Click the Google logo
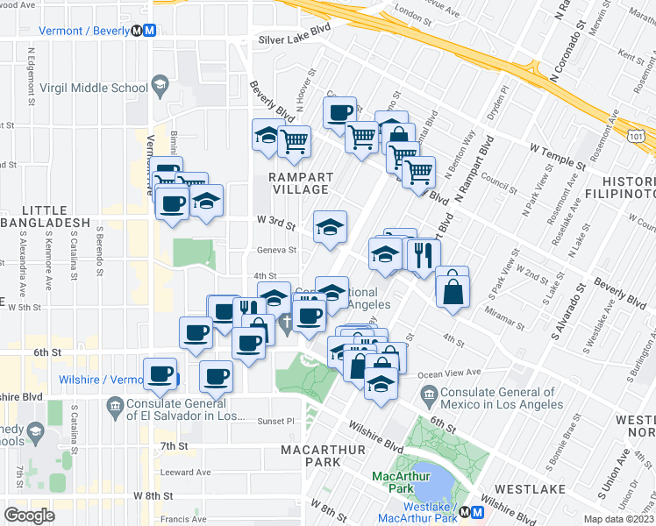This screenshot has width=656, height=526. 29,515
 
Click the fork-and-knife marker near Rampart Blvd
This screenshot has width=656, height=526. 423,255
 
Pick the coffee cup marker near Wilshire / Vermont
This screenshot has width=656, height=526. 160,374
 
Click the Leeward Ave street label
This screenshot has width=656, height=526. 186,472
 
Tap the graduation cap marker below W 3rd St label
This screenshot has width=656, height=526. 330,227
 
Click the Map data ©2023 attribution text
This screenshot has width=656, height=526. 617,519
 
